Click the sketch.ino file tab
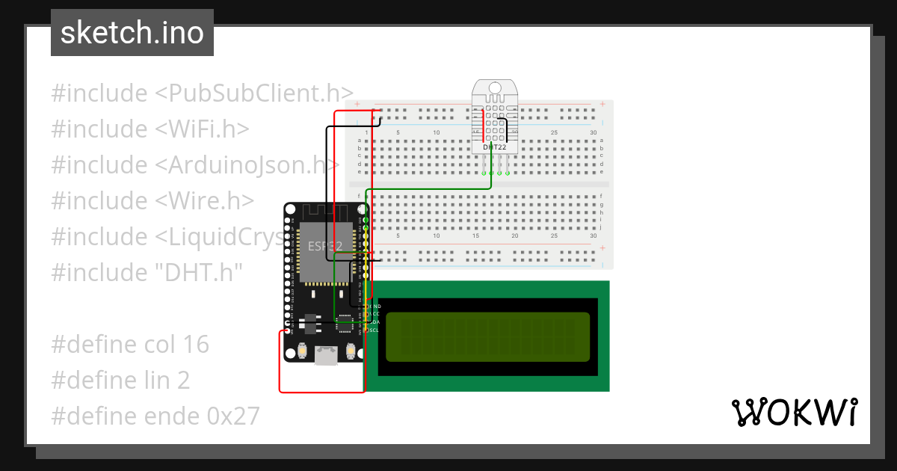click(132, 33)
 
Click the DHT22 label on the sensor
click(494, 147)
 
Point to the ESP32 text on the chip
click(325, 245)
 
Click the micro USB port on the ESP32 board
click(325, 356)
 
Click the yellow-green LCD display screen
click(487, 336)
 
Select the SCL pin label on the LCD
click(374, 330)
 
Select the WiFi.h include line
click(150, 129)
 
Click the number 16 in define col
click(195, 344)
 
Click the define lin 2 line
click(120, 380)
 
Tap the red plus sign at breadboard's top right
click(602, 104)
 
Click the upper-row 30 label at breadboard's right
click(593, 133)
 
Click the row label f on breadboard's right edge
click(601, 196)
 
